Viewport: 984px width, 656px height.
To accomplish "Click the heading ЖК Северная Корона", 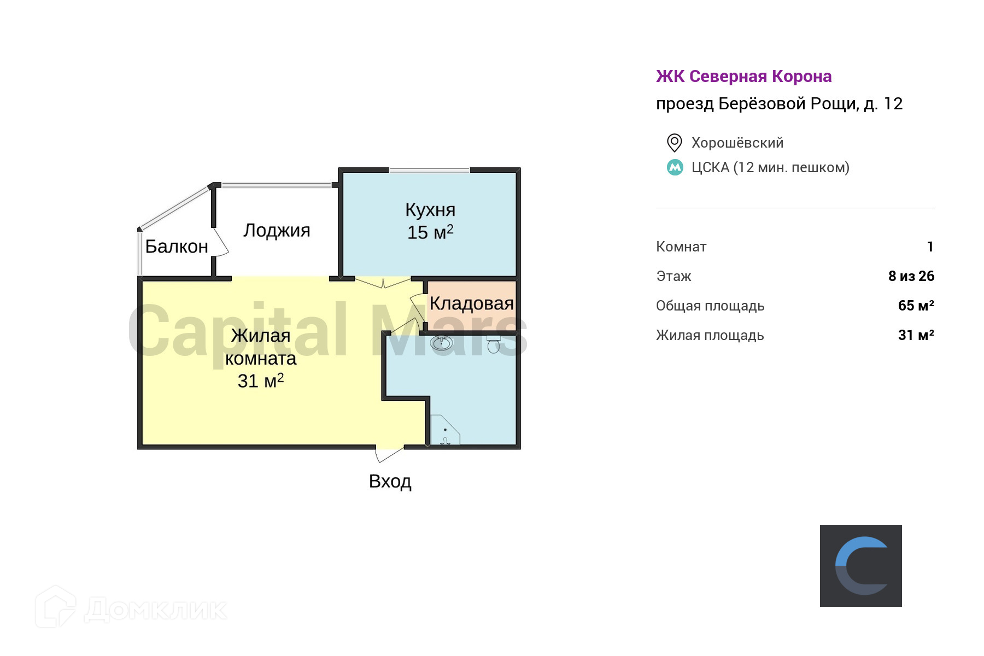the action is [743, 77].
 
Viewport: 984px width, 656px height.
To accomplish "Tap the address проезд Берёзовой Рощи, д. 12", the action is [779, 104].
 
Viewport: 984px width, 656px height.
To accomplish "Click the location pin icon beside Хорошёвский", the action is [674, 143].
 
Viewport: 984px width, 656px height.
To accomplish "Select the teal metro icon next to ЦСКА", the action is [675, 167].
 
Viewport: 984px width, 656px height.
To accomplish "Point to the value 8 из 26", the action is [911, 276].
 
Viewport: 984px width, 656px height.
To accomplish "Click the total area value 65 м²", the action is [916, 306].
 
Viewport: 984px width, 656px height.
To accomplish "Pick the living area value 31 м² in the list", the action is [916, 335].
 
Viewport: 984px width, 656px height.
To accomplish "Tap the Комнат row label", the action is [681, 247].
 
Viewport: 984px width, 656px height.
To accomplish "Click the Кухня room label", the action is [430, 210].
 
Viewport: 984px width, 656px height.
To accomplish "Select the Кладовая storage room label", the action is [471, 303].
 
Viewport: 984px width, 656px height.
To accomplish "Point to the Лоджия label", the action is [277, 230].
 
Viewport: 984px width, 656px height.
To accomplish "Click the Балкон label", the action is [177, 247].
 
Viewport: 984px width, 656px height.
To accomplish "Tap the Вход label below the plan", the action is [390, 481].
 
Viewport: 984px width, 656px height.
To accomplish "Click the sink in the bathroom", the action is [441, 343].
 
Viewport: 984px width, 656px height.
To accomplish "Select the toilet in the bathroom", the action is [494, 344].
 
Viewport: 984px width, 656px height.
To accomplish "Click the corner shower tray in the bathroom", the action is [444, 432].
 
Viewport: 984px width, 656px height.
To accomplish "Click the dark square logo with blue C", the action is [860, 565].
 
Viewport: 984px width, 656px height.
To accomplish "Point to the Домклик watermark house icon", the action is [55, 607].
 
